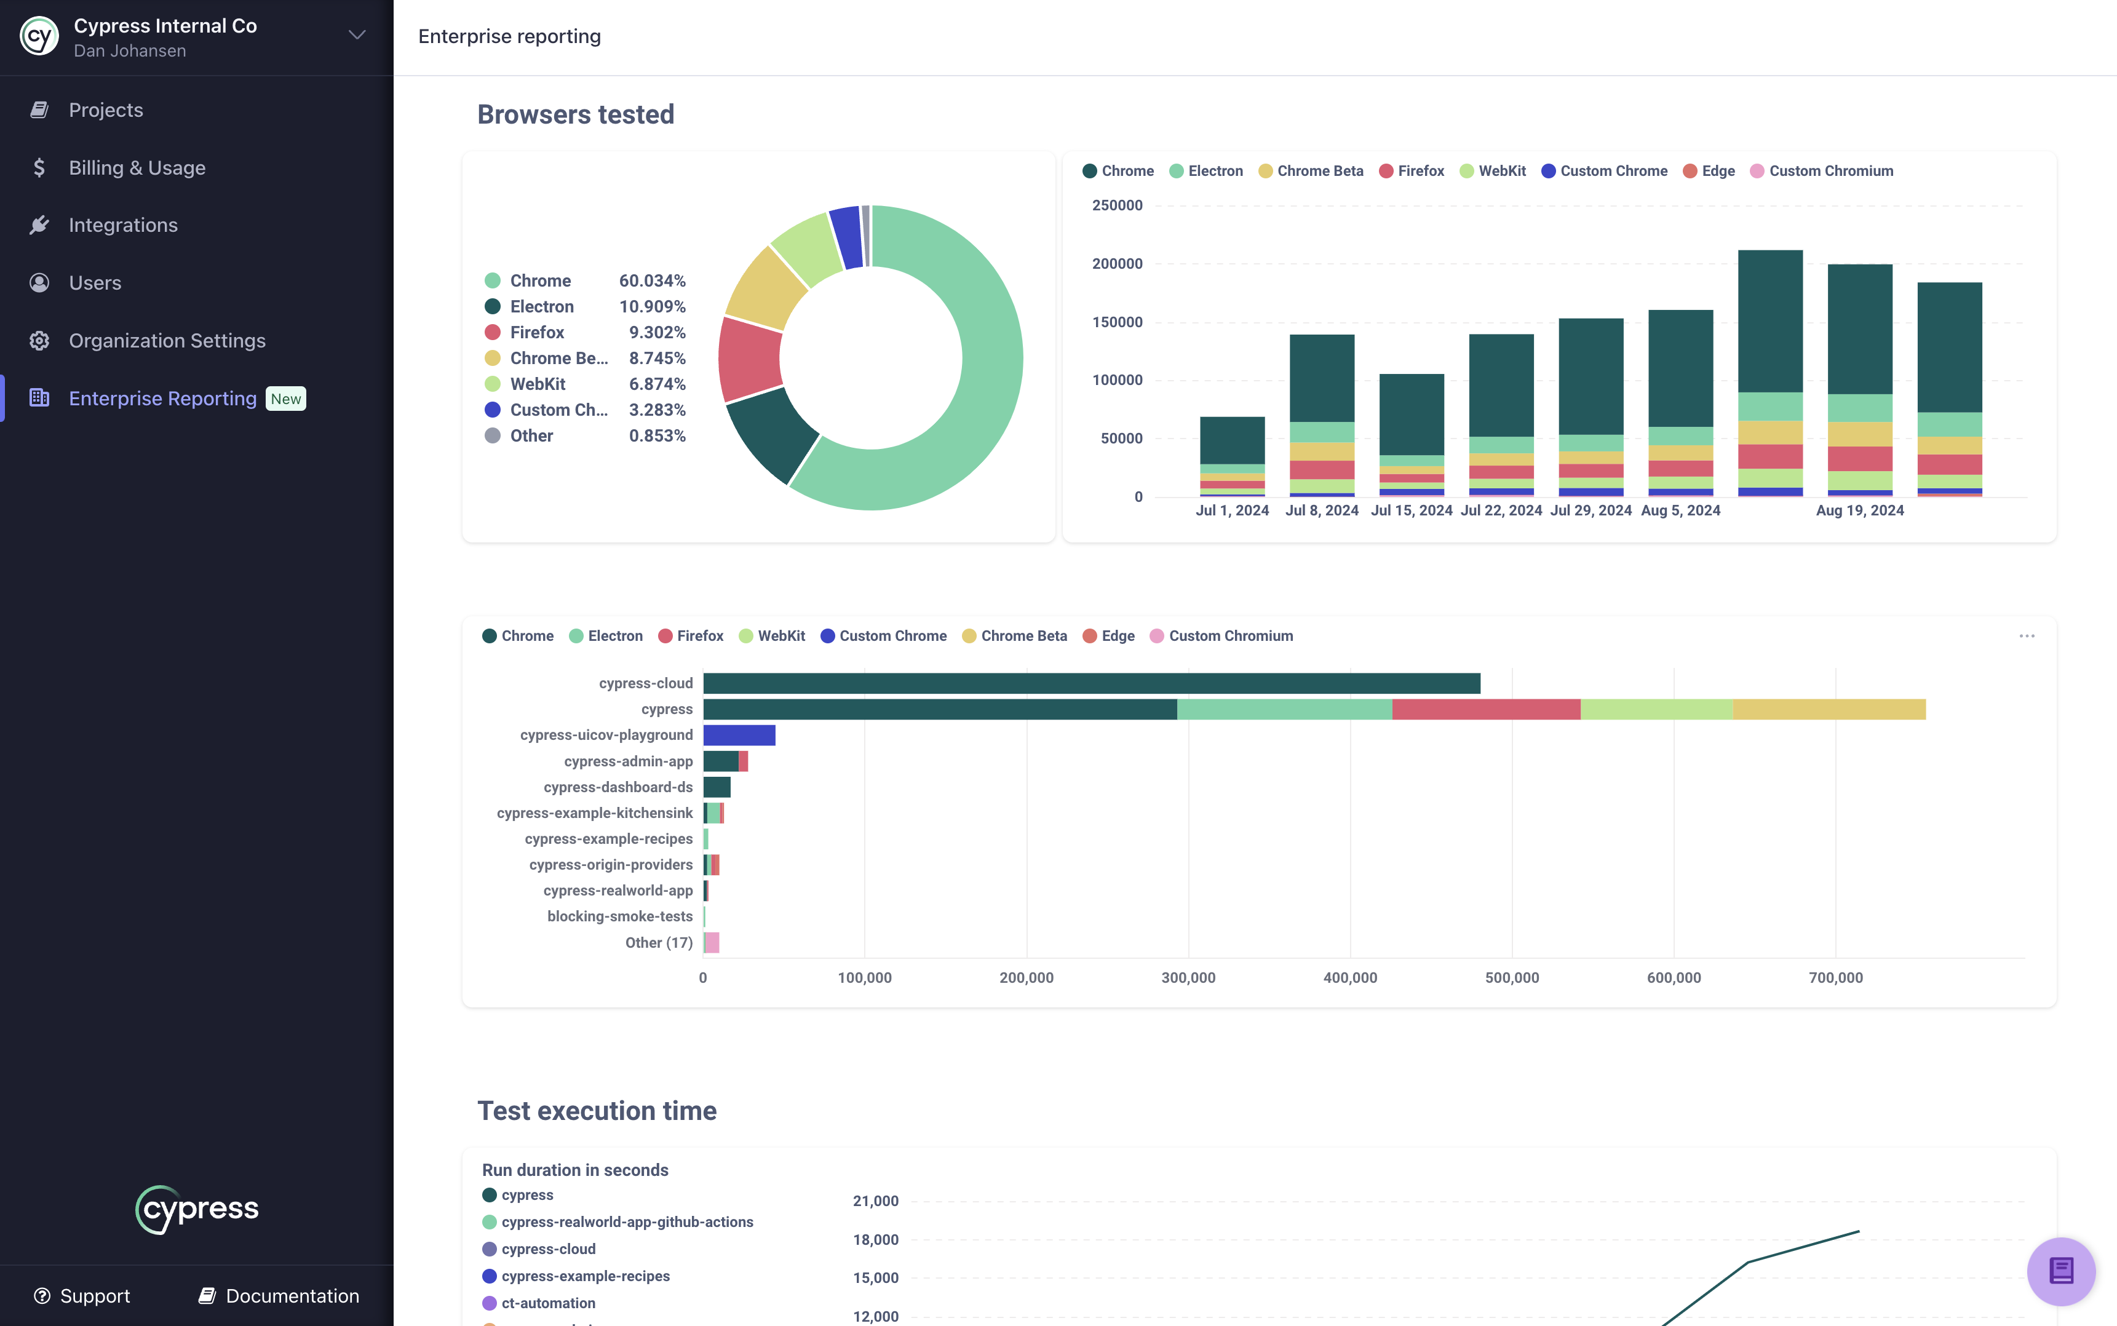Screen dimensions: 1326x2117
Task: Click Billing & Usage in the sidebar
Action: (137, 167)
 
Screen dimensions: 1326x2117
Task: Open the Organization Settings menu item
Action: (167, 340)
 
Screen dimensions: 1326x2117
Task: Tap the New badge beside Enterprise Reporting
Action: (286, 399)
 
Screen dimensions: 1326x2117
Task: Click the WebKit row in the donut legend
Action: (538, 384)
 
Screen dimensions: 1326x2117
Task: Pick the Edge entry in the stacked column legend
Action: (1717, 171)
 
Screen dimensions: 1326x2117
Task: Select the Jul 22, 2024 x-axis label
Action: (1501, 510)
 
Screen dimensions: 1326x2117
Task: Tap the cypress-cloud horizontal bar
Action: (1091, 683)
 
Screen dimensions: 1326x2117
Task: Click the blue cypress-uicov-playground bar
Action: (739, 735)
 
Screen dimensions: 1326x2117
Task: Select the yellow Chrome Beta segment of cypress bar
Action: (1829, 710)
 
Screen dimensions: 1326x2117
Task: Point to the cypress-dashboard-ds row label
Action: (618, 787)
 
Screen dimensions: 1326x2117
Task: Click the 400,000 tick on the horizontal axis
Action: (1349, 978)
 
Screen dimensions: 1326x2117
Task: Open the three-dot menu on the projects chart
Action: (2026, 636)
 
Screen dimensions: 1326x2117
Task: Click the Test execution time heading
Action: (597, 1111)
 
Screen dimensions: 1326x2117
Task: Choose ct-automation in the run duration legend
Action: (547, 1303)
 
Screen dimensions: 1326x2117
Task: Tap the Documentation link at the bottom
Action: (291, 1296)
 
